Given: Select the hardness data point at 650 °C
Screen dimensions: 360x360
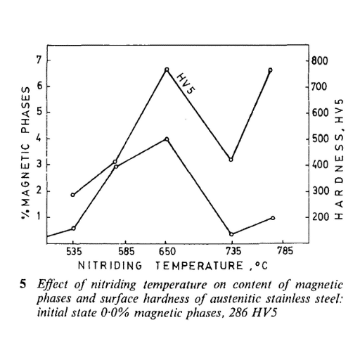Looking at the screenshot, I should pos(167,70).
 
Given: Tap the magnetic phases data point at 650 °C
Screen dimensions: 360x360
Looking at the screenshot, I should pos(167,139).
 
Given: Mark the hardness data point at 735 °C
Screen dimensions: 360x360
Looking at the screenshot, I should pos(231,160).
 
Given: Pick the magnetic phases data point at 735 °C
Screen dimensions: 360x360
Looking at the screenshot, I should pos(231,234).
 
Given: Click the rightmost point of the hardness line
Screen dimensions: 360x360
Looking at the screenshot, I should pos(270,70).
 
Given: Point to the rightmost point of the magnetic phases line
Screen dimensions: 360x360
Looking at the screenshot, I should pos(272,218).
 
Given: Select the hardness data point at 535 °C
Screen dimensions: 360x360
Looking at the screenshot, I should pos(73,195).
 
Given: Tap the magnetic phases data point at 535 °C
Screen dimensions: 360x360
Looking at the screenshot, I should pos(73,229).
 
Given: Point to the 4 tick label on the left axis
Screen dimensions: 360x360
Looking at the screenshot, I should pos(40,139).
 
